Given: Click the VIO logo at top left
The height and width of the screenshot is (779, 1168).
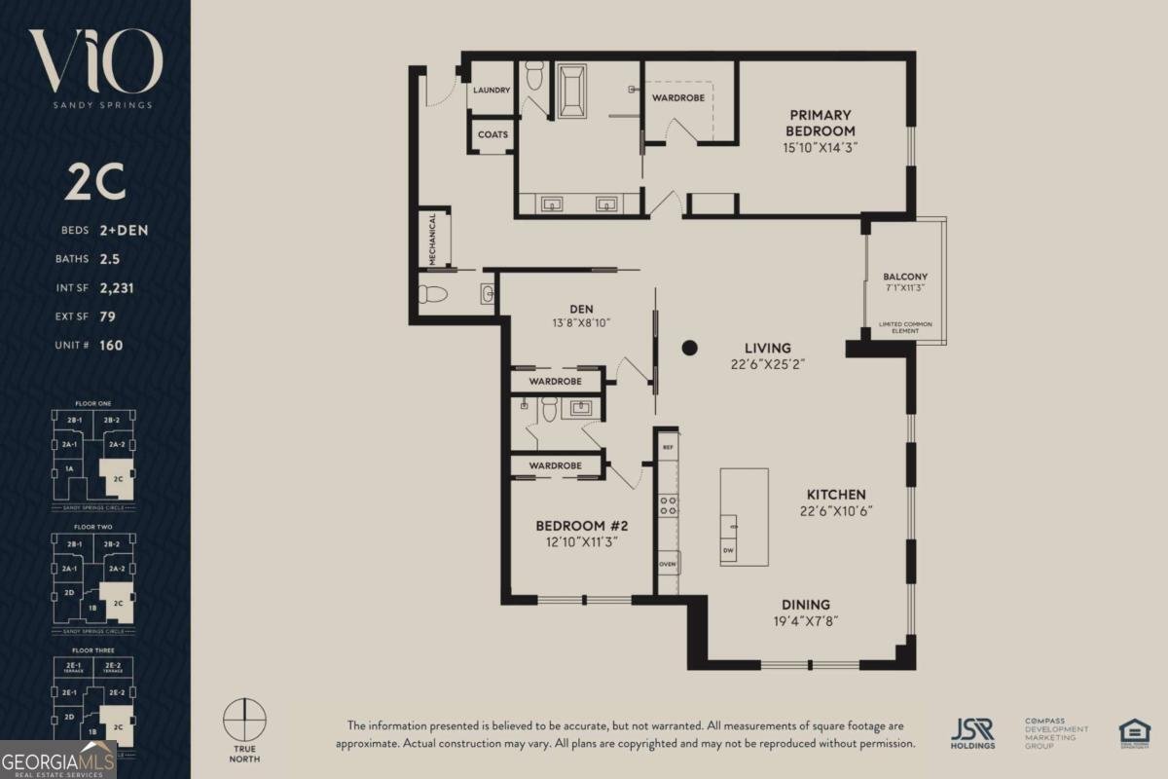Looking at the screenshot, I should [94, 62].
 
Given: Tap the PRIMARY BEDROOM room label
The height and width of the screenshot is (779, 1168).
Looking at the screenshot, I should [821, 123].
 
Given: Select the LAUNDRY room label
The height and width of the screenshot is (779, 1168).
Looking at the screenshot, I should [492, 91].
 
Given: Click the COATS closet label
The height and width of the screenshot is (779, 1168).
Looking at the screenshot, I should [493, 135].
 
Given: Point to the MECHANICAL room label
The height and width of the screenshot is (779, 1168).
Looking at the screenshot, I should [432, 239].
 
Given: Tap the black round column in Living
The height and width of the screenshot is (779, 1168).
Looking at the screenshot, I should [690, 347].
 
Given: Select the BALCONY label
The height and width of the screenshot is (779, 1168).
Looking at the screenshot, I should [904, 277].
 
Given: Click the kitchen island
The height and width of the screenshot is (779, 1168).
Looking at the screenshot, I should [744, 517].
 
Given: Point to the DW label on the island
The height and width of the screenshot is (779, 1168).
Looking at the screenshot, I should [728, 551].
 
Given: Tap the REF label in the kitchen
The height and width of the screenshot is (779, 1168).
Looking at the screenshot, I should [668, 447].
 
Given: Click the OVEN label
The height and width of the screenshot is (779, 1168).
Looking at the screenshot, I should [668, 564].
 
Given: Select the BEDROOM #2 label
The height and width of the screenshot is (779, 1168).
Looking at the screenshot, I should [577, 526].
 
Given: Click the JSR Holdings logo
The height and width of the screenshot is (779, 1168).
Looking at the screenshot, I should [972, 733].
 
